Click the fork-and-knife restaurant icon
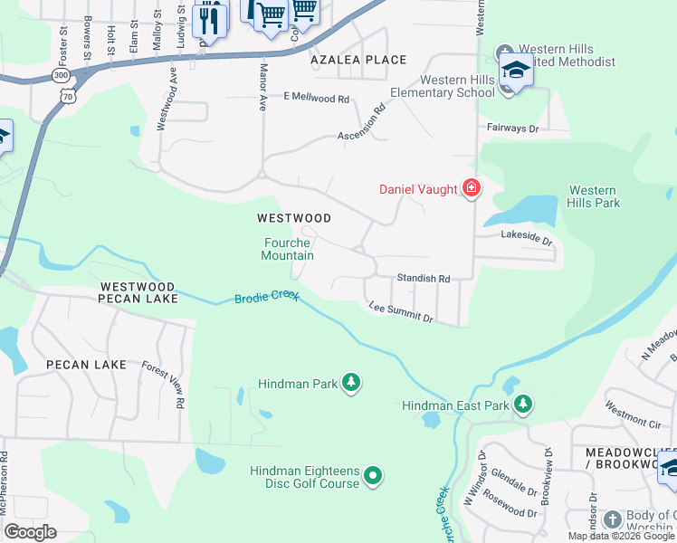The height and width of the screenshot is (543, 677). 209,18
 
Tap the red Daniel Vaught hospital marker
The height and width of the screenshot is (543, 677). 471,189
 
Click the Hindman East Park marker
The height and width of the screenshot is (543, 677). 522,405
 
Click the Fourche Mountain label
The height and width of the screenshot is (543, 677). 288,249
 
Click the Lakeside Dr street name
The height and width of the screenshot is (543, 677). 526,238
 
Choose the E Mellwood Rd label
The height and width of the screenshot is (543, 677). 316,97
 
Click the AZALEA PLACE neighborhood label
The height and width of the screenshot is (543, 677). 358,60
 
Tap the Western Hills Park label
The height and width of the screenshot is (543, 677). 594,196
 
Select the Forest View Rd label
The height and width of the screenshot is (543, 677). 164,384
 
